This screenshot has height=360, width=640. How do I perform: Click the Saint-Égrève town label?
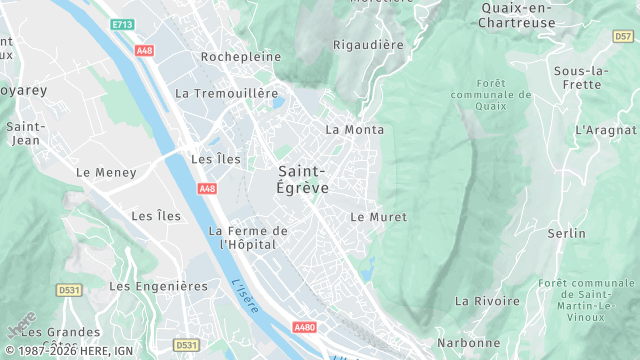click(303, 178)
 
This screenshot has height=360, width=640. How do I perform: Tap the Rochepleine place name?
click(241, 57)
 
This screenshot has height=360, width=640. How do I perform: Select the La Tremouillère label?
click(226, 93)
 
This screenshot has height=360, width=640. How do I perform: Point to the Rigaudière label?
click(367, 45)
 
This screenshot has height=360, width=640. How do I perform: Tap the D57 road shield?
click(622, 36)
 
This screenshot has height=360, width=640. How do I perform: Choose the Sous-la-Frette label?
click(580, 77)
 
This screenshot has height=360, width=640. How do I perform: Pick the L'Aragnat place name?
click(606, 130)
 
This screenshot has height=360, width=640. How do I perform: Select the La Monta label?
click(355, 130)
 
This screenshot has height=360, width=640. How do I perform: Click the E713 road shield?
click(123, 24)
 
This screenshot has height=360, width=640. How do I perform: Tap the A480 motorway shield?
click(305, 327)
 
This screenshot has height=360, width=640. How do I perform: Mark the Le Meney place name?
click(106, 172)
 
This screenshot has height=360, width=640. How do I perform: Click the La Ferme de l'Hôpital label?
click(248, 237)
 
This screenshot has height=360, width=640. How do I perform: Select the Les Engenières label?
click(158, 286)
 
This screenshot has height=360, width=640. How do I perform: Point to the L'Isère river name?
click(244, 297)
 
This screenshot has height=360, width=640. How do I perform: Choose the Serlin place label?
click(566, 233)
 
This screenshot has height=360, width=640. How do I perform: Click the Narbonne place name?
click(468, 343)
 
